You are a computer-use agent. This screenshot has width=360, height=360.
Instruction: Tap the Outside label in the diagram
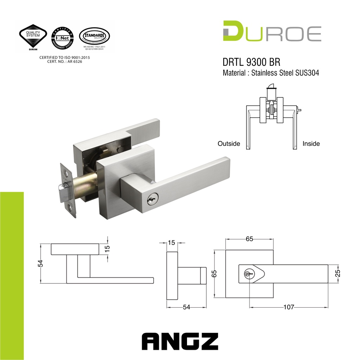tap(229, 143)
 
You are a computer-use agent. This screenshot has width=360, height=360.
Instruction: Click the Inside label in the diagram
tap(311, 143)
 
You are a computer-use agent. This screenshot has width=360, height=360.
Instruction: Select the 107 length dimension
tap(289, 307)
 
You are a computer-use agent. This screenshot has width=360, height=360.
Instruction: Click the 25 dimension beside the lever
tap(338, 274)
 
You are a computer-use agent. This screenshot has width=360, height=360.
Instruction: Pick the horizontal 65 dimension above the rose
tap(249, 239)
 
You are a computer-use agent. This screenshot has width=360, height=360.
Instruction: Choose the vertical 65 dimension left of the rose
tap(214, 274)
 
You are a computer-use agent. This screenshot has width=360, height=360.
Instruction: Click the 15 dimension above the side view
tap(171, 243)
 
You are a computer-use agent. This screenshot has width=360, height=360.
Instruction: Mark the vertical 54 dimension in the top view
tap(40, 263)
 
